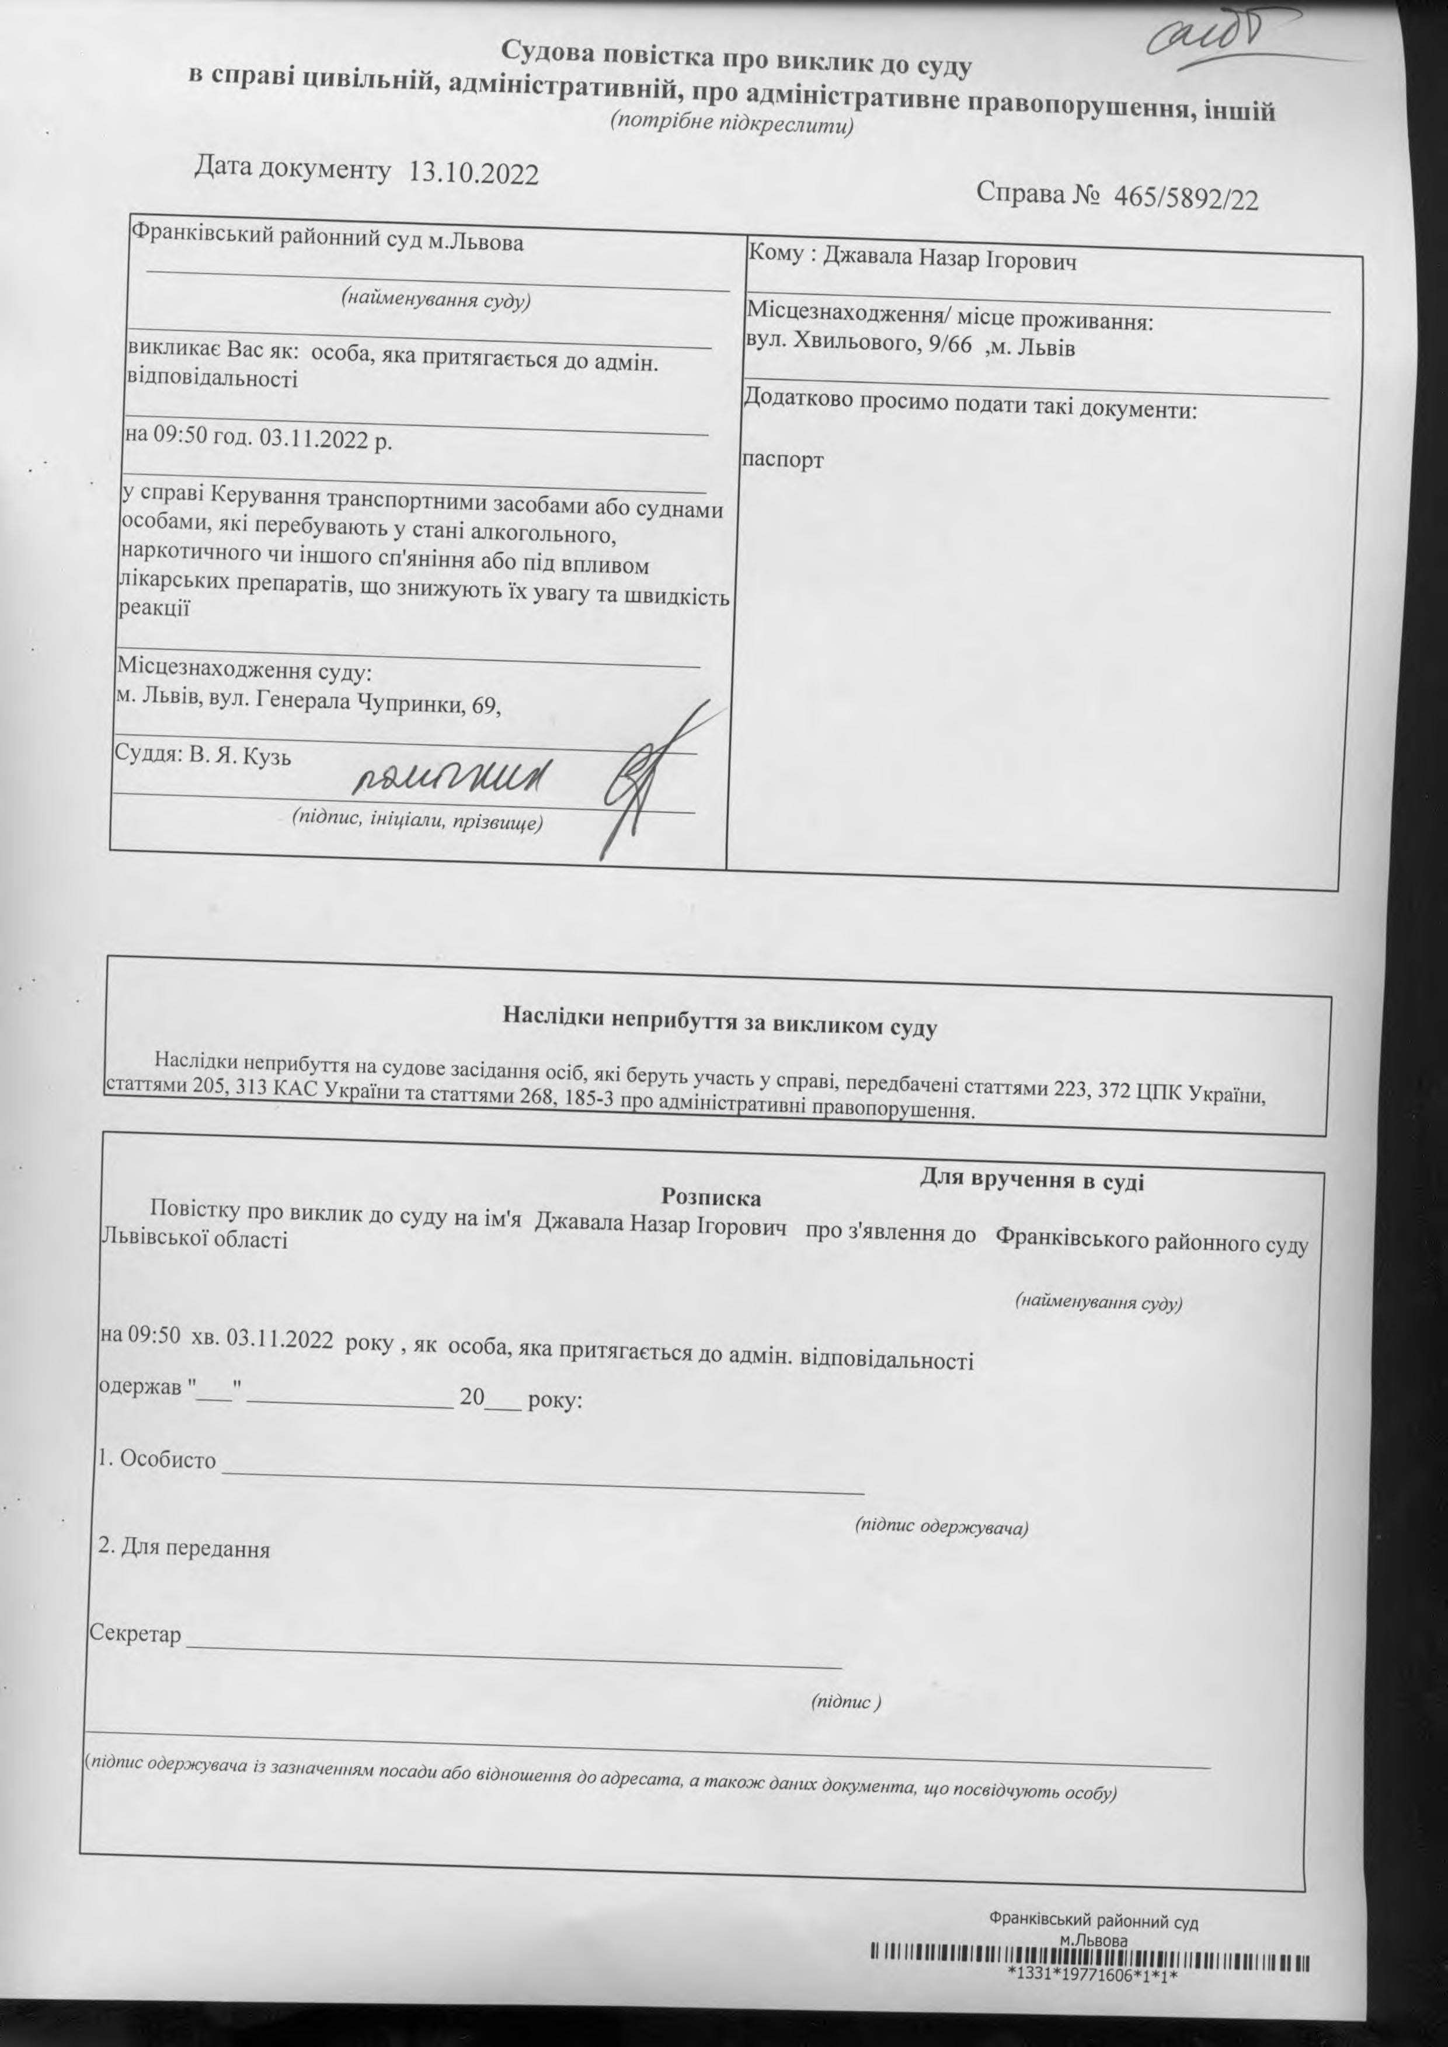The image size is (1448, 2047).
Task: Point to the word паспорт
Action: pos(784,460)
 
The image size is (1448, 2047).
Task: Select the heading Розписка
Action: pos(711,1197)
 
